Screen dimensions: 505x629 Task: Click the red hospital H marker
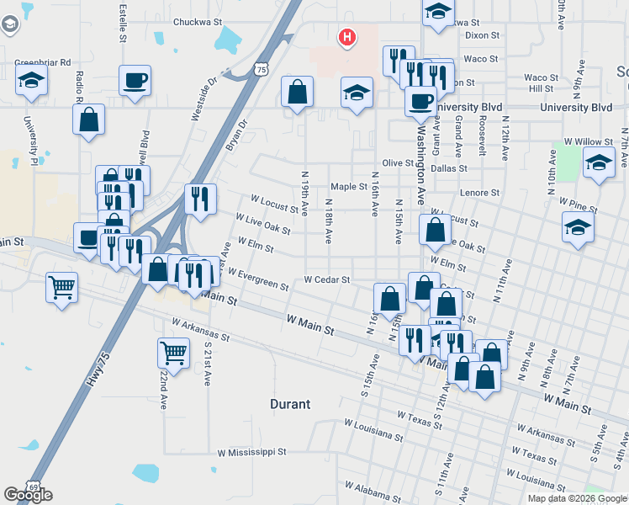click(x=346, y=37)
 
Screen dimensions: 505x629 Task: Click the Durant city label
click(x=291, y=404)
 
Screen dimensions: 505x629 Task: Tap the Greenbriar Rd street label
click(x=42, y=62)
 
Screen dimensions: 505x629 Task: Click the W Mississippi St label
click(x=252, y=452)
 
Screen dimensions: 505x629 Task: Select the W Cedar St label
click(x=326, y=279)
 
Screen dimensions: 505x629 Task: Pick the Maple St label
click(x=349, y=187)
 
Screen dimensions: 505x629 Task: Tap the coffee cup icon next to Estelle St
click(x=135, y=81)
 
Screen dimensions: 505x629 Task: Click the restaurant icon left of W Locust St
click(x=200, y=199)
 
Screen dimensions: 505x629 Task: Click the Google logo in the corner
click(x=29, y=495)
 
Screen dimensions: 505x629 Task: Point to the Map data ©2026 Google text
click(x=577, y=498)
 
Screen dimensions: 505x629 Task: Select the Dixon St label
click(x=482, y=36)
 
